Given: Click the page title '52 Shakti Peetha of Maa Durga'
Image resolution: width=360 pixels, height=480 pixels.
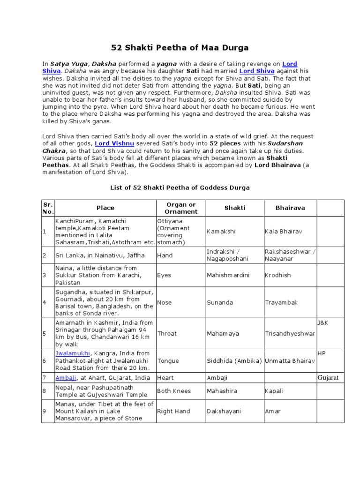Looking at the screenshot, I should tap(180, 47).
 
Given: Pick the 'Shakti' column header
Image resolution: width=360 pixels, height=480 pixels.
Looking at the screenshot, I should tap(234, 208).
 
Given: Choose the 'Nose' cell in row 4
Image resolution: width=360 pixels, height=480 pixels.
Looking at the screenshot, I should tap(165, 302).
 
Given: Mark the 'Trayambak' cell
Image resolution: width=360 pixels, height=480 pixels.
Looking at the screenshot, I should tap(281, 302).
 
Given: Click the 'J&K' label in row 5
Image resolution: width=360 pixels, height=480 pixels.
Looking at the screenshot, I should tap(323, 323).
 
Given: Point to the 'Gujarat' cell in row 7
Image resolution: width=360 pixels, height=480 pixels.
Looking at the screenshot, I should tap(328, 378).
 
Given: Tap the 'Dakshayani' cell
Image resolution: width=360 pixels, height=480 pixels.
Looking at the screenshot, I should tap(224, 411).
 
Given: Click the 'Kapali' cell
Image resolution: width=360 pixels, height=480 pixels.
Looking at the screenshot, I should tap(274, 391).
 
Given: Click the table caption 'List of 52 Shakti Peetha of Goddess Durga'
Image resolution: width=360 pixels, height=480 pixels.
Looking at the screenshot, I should tap(180, 187).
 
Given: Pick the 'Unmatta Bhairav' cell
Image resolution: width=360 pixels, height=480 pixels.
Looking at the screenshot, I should tap(290, 361).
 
